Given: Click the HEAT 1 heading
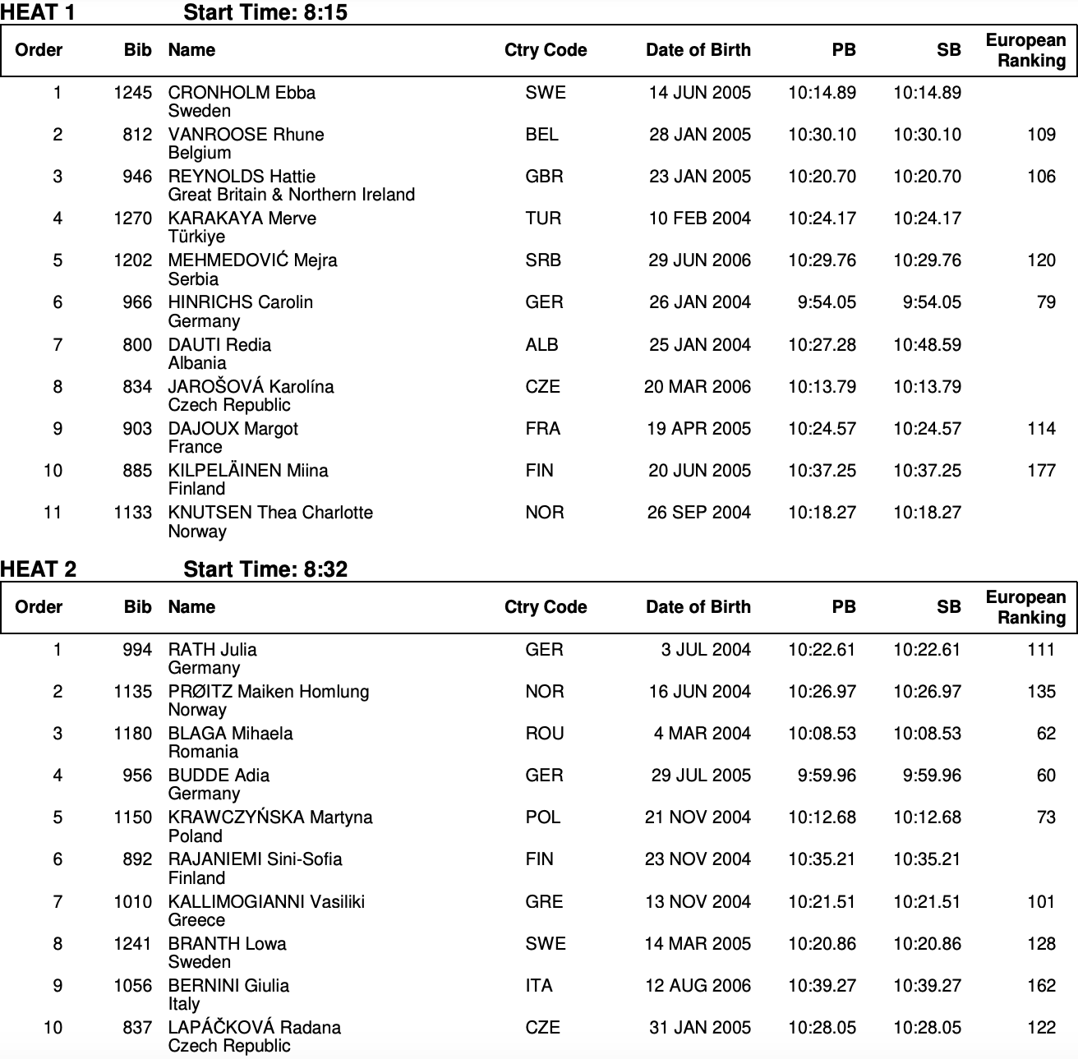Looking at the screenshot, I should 38,12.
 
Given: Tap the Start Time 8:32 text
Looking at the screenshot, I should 265,569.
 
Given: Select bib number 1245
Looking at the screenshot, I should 132,93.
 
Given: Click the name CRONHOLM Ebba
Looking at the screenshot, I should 242,93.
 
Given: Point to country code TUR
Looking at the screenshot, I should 543,219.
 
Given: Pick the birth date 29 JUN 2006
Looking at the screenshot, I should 699,260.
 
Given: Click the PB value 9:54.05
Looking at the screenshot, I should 826,302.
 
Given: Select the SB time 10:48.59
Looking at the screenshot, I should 927,345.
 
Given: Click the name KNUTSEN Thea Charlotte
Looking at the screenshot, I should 270,513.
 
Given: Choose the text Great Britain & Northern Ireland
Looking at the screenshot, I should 291,195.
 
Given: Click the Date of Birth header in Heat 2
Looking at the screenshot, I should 698,607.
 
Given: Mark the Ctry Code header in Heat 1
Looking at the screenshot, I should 545,50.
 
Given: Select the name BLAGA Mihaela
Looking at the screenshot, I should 230,734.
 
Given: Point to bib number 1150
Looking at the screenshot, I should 132,817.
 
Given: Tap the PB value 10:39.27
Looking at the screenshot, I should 822,986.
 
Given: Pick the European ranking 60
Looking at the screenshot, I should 1045,776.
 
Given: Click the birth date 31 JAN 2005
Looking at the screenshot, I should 699,1028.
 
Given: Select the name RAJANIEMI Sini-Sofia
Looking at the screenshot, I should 255,859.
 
